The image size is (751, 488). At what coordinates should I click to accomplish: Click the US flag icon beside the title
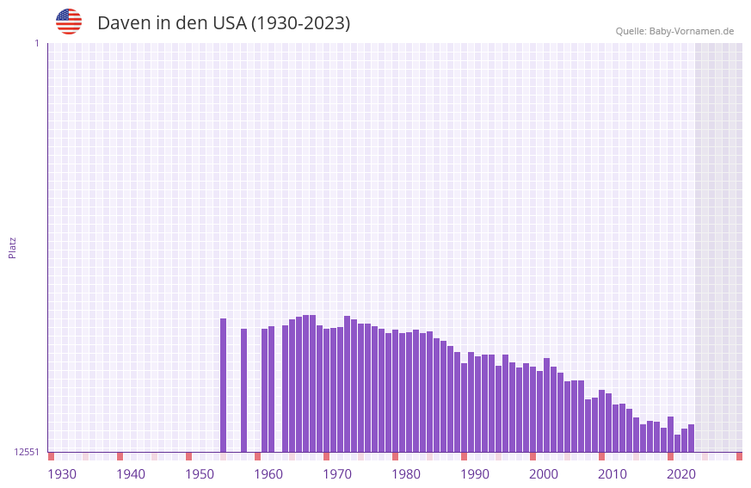coord(69,22)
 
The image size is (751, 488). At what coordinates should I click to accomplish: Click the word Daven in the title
coord(124,23)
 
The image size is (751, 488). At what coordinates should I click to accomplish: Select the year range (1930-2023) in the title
coord(300,23)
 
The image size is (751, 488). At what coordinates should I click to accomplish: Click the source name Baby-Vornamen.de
coord(691,31)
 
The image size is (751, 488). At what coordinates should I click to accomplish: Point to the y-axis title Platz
coord(12,247)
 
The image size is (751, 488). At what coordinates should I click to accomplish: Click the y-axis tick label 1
coord(36,43)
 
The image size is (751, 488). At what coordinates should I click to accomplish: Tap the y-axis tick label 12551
coord(27,452)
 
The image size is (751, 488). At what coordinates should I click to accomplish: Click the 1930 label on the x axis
coord(62,474)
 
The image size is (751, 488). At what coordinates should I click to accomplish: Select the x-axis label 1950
coord(200,474)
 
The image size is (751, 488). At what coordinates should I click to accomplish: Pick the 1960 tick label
coord(268,474)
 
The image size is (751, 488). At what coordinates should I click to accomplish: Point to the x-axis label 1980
coord(406,474)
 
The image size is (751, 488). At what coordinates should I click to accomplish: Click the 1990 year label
coord(475,474)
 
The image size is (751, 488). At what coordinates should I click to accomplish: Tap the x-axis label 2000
coord(544,474)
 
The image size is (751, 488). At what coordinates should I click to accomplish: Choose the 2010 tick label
coord(612,474)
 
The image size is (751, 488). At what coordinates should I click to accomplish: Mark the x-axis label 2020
coord(681,474)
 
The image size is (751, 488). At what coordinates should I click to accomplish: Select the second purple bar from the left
coord(244,391)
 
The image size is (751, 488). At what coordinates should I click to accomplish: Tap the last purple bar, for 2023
coord(691,438)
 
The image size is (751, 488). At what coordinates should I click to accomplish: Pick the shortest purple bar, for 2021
coord(677,443)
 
